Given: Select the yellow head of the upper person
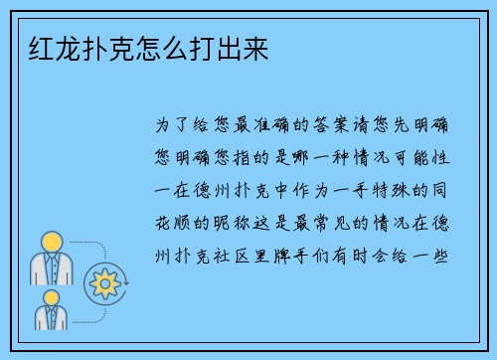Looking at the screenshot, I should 52,241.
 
